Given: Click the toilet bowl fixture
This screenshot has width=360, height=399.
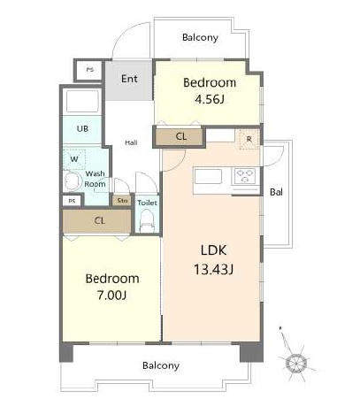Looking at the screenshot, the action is click(x=147, y=221).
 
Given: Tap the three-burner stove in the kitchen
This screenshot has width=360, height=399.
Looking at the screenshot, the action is click(x=245, y=176).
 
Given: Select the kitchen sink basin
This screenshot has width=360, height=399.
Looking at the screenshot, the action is click(x=208, y=177).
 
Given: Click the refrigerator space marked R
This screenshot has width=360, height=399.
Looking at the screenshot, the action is click(x=249, y=139).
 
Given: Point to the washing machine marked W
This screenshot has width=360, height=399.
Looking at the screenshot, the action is click(x=74, y=159).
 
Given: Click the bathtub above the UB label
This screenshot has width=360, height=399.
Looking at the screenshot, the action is click(x=82, y=102).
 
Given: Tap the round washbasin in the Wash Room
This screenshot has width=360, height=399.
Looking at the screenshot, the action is click(x=73, y=181).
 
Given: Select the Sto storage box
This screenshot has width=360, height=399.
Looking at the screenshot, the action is click(x=122, y=201).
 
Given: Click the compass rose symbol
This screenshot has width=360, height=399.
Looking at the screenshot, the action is click(x=295, y=363).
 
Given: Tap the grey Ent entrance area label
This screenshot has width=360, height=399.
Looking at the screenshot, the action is click(x=129, y=79).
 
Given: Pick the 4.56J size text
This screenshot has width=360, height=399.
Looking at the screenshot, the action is click(x=210, y=99).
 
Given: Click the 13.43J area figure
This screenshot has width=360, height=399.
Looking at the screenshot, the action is click(x=213, y=270).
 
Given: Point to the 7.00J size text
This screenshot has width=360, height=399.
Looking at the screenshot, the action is click(x=112, y=295).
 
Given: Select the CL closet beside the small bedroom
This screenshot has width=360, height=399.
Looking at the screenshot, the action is click(x=180, y=136).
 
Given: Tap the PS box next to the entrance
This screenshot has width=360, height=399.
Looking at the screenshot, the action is click(x=89, y=70).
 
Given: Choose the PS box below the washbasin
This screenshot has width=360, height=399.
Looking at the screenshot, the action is click(x=72, y=201).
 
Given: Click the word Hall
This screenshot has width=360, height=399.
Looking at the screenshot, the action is click(x=131, y=142).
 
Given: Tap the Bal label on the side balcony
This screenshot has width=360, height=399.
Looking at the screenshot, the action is click(x=276, y=192).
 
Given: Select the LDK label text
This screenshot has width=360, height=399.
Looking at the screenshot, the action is click(x=213, y=250).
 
